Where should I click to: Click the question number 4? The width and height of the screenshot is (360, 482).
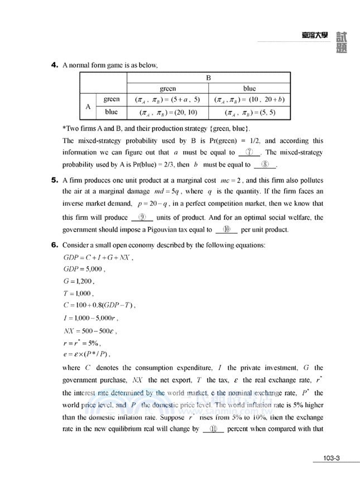[54, 65]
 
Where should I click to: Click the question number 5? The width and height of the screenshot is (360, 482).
[54, 180]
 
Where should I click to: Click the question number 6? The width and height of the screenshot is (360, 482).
[54, 245]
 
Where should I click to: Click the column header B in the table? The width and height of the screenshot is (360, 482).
[208, 78]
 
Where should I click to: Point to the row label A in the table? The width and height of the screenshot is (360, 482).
[88, 105]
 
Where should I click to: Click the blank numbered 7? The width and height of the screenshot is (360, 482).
[249, 153]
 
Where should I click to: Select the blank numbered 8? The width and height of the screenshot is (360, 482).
[265, 165]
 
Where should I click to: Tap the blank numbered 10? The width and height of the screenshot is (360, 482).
[226, 229]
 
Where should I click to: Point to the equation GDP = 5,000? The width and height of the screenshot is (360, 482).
[84, 268]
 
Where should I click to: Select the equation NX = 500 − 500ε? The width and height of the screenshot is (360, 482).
[92, 330]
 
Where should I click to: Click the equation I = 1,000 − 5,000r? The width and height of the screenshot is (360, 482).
[90, 318]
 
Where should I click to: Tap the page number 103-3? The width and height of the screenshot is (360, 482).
[331, 459]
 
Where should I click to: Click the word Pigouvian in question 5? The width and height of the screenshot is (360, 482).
[174, 229]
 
